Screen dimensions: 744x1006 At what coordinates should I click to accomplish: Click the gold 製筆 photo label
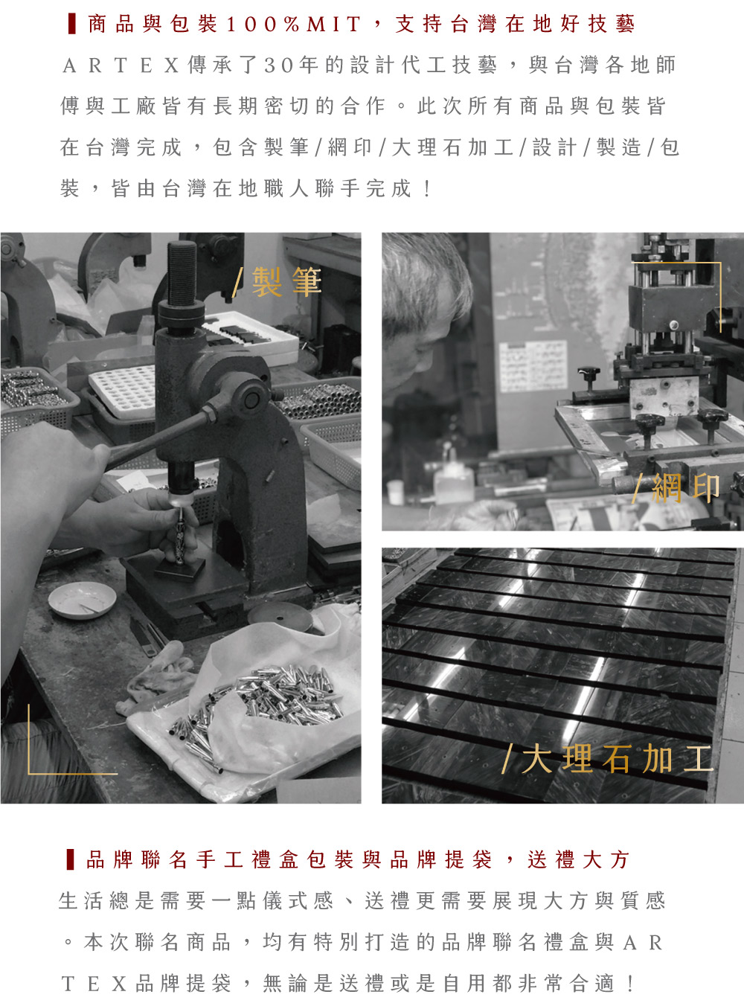pyautogui.click(x=277, y=282)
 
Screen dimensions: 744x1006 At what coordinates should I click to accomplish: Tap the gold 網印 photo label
pyautogui.click(x=676, y=488)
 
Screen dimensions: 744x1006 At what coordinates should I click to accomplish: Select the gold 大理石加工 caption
pyautogui.click(x=608, y=758)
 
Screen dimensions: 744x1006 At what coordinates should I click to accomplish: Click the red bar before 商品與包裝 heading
pyautogui.click(x=71, y=24)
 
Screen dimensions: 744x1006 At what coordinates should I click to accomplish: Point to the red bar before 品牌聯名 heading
pyautogui.click(x=71, y=859)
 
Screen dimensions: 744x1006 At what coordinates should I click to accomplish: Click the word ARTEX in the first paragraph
pyautogui.click(x=121, y=65)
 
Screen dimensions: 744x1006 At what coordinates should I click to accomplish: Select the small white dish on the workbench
pyautogui.click(x=82, y=600)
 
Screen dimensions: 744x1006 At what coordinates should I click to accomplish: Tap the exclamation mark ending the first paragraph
pyautogui.click(x=427, y=189)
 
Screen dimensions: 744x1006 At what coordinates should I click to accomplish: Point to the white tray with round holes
pyautogui.click(x=121, y=391)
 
